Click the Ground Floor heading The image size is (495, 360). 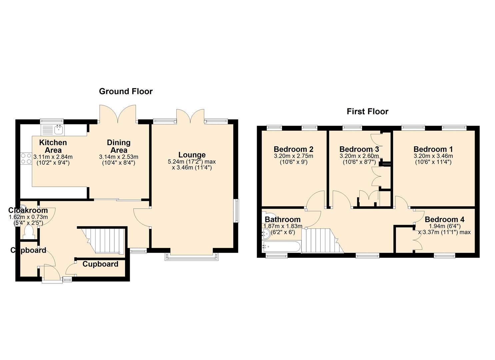click(x=126, y=91)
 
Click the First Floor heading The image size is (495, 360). click(x=367, y=111)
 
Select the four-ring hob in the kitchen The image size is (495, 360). click(x=26, y=159)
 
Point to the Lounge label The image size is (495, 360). click(x=192, y=155)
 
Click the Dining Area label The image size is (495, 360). click(x=119, y=146)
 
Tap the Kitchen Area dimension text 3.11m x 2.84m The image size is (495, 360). click(x=53, y=157)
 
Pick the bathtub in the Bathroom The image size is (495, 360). click(x=281, y=246)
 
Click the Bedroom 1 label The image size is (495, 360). click(x=433, y=149)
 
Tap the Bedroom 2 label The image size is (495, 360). click(x=293, y=149)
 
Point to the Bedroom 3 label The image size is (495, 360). click(x=359, y=149)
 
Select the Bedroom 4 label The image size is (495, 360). click(x=444, y=219)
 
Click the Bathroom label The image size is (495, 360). click(x=283, y=219)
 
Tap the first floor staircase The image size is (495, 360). click(x=323, y=240)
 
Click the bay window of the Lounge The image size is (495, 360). click(x=192, y=257)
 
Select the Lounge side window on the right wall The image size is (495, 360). click(x=236, y=211)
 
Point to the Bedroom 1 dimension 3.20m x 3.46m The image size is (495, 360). click(x=433, y=156)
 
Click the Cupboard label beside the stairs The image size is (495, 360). click(x=100, y=264)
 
